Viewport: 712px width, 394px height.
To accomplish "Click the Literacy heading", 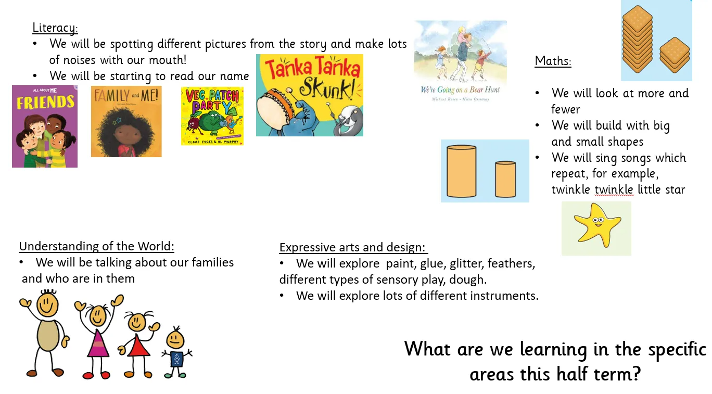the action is tap(55, 28).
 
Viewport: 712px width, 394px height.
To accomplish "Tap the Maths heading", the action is tap(553, 61).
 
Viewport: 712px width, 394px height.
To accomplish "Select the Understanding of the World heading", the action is tap(97, 246).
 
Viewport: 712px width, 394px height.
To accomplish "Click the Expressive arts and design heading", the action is tap(353, 247).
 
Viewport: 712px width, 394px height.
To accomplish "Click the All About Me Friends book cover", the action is tap(45, 126).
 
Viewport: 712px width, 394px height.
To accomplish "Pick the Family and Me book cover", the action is tap(126, 121).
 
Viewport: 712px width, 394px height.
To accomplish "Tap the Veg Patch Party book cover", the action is tap(212, 116).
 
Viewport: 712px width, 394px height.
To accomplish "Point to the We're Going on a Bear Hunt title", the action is tap(460, 90).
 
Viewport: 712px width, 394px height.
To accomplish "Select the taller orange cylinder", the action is tap(462, 171).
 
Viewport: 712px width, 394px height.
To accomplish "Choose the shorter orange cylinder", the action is tap(505, 179).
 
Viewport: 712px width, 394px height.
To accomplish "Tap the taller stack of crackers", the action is tap(637, 39).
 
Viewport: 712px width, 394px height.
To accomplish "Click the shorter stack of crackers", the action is tap(675, 55).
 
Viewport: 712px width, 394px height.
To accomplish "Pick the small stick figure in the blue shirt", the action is tap(176, 352).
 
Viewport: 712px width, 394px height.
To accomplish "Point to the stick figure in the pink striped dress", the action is tap(98, 337).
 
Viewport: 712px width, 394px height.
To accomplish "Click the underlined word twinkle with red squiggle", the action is tap(614, 189).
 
